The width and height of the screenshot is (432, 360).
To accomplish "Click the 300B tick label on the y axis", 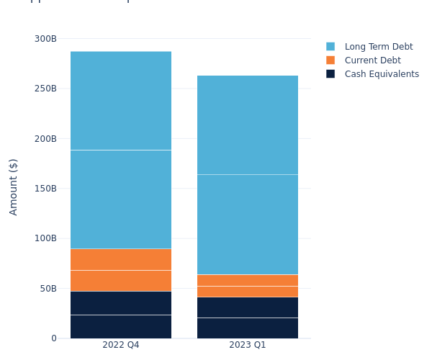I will [x=45, y=39].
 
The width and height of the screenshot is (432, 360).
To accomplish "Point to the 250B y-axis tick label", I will [x=45, y=89].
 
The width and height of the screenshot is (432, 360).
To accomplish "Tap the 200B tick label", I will [x=45, y=139].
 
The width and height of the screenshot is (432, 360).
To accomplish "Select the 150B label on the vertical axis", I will [x=45, y=189].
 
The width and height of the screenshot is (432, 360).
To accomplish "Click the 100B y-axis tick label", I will [x=45, y=238].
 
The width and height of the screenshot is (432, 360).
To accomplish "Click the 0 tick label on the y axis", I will [x=53, y=338].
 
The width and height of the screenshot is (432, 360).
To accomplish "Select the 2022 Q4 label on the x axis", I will [x=121, y=345].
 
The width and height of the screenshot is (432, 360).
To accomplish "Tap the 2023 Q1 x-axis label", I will [x=248, y=345].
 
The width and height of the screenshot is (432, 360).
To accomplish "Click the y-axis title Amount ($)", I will [x=14, y=186].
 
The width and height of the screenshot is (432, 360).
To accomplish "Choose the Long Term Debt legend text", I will [x=379, y=47].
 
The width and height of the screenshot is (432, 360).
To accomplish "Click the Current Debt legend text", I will [x=372, y=60].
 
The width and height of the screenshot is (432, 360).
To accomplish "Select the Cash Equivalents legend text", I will [x=382, y=74].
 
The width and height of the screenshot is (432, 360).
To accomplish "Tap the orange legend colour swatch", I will [x=330, y=60].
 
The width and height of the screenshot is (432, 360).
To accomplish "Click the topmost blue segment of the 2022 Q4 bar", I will [x=121, y=101].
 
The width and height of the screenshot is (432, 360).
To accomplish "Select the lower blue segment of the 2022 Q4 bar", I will [x=121, y=199].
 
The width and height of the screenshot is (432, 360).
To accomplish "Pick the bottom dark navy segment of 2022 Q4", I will [x=121, y=327].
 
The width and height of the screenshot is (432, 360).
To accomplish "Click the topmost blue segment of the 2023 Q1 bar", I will [x=248, y=125].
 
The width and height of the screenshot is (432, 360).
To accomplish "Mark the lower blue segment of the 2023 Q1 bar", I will [x=248, y=225].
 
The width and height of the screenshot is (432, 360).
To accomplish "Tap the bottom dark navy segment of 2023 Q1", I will [x=248, y=328].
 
